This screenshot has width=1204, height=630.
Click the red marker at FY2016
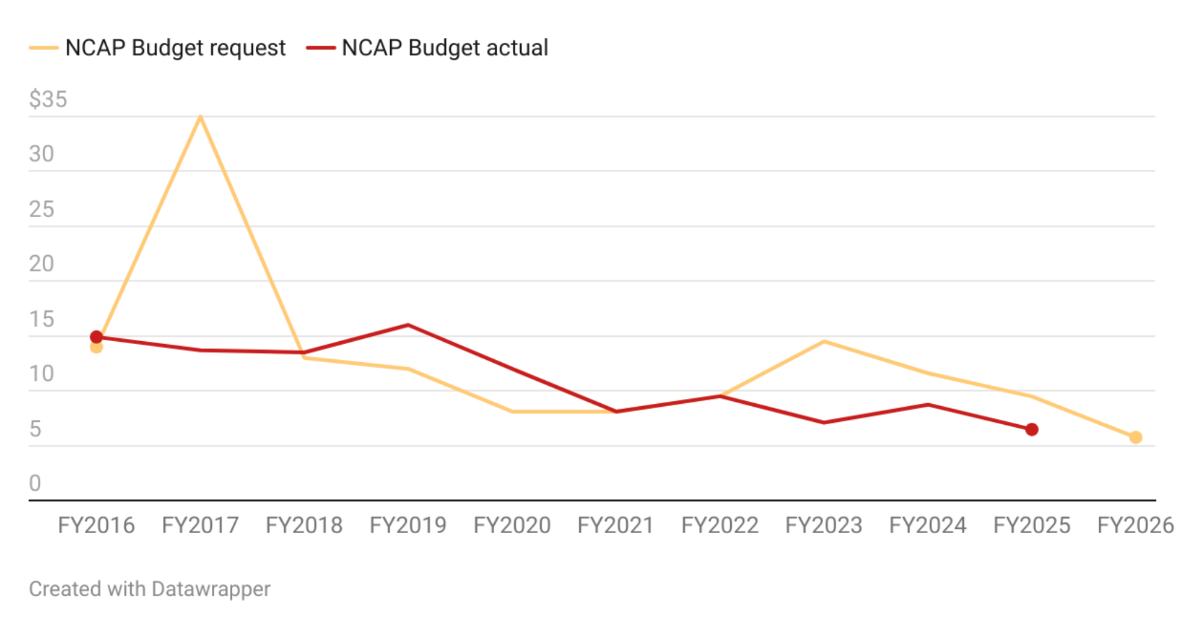tap(96, 337)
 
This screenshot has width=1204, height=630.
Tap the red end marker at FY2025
tap(1032, 430)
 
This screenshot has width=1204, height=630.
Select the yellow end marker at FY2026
tap(1135, 437)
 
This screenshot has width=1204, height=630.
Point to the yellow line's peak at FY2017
tap(200, 117)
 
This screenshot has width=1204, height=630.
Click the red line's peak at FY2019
tap(408, 326)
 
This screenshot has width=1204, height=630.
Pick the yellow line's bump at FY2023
tap(824, 342)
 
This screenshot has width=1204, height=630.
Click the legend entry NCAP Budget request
tap(175, 48)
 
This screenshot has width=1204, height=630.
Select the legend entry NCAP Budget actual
tap(444, 48)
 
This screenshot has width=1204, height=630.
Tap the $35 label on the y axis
tap(48, 99)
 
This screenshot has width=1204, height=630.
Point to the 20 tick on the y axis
tap(42, 264)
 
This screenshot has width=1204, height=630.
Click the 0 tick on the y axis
tap(35, 483)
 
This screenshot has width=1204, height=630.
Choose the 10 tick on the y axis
tap(42, 374)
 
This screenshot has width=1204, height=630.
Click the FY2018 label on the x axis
tap(304, 526)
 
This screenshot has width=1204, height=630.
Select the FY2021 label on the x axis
tap(616, 526)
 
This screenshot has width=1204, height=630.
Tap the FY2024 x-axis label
tap(928, 526)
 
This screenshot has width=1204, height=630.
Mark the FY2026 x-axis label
tap(1135, 526)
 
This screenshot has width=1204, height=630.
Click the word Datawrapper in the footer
tap(211, 589)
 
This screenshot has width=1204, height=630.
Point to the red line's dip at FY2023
tap(824, 422)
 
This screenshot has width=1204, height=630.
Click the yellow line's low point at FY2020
tap(512, 412)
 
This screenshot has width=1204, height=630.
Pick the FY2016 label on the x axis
tap(96, 526)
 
